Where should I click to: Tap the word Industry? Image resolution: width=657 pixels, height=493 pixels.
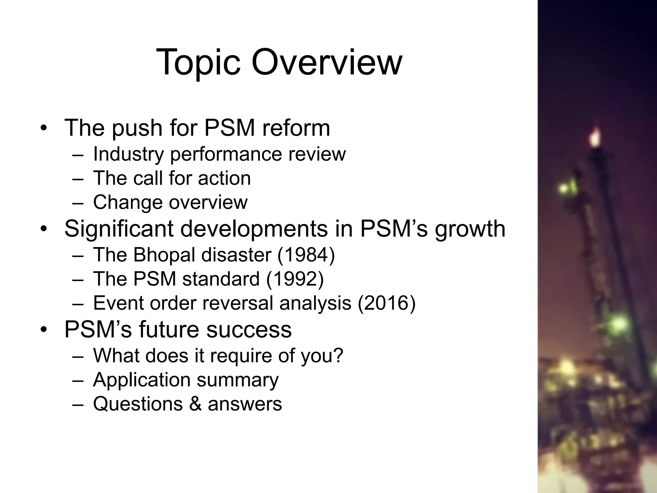click(x=128, y=154)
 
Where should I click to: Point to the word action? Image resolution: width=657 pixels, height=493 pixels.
click(x=224, y=178)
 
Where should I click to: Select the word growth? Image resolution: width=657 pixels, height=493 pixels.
click(x=470, y=229)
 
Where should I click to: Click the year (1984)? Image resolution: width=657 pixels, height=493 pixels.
click(x=306, y=255)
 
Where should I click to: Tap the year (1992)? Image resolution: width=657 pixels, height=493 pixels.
click(x=295, y=279)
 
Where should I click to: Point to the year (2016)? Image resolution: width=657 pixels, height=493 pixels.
click(x=387, y=303)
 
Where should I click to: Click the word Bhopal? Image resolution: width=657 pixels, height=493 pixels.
click(x=164, y=255)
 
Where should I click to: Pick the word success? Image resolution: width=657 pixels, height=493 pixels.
click(x=249, y=329)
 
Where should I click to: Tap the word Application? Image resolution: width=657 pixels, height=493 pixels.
click(x=141, y=380)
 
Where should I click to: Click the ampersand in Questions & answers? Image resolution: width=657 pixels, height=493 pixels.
click(x=195, y=404)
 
